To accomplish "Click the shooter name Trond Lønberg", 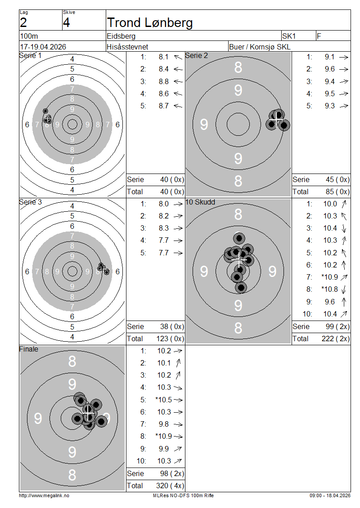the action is tap(150, 22).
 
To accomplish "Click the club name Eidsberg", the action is tap(121, 36).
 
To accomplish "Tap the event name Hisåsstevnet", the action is tap(127, 47).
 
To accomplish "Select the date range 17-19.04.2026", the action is tap(43, 47).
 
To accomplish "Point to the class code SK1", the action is tap(289, 36).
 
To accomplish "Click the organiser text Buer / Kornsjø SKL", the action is tap(260, 47).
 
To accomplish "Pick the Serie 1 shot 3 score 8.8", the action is tap(163, 81).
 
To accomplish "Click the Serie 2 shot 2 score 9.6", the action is tap(329, 69).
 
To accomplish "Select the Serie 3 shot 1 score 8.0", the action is tap(163, 204).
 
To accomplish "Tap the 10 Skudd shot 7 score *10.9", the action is tap(329, 277).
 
